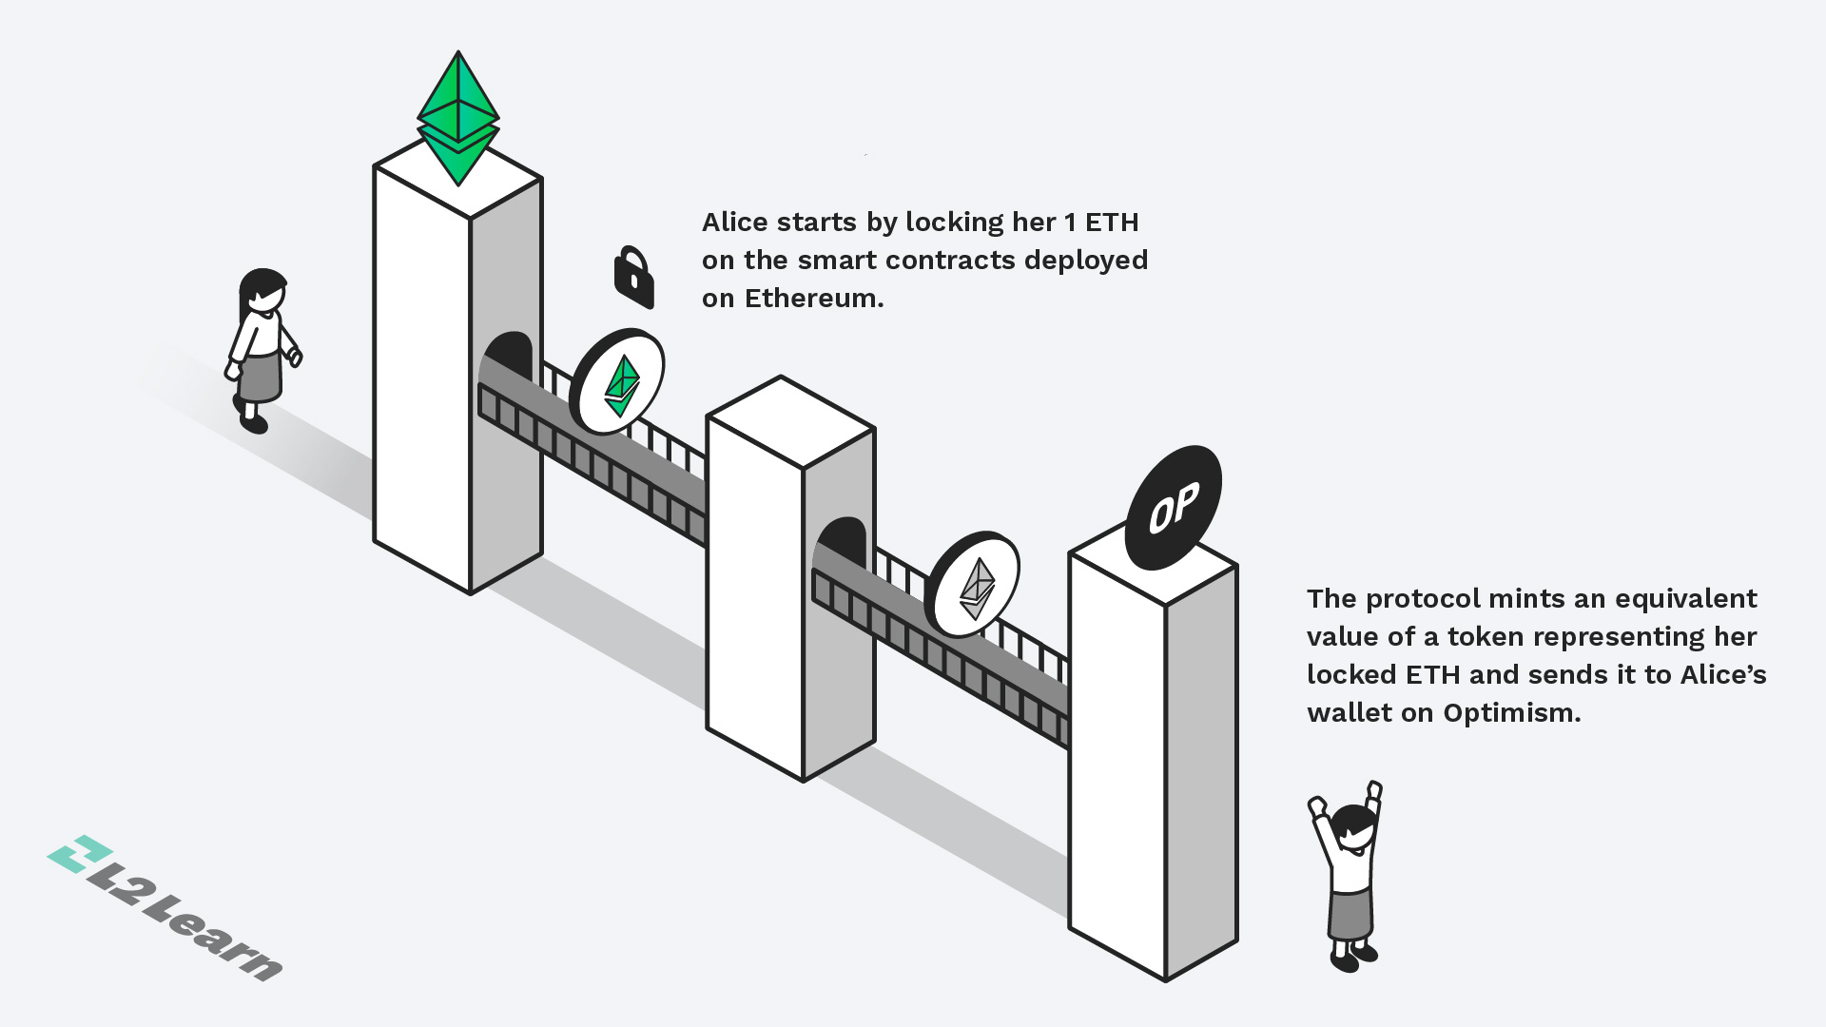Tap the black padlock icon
[633, 278]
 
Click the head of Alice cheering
[1352, 827]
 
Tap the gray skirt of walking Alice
[260, 377]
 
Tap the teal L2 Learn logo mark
[80, 853]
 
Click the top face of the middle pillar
[790, 421]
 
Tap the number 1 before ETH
[1070, 223]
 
